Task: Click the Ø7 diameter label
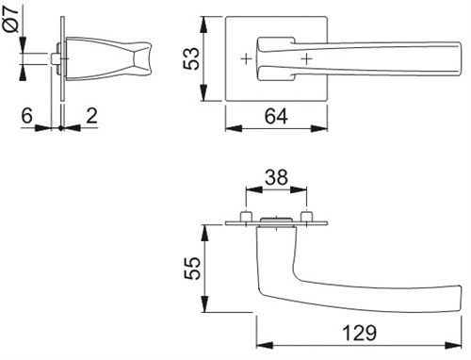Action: pos(11,18)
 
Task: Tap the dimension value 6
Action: pos(26,116)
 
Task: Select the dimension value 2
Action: pos(91,116)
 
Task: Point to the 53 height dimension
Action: pos(191,58)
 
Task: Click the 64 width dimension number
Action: pos(276,116)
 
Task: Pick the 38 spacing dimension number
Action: pos(276,177)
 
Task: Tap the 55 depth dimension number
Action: pos(192,269)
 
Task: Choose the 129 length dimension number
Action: pos(359,333)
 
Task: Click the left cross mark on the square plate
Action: pos(247,58)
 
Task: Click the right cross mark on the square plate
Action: pos(306,58)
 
